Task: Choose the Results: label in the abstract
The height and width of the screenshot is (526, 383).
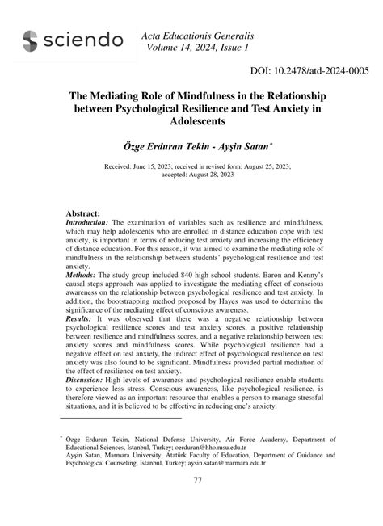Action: click(x=79, y=319)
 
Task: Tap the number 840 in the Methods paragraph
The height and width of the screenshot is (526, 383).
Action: click(x=181, y=275)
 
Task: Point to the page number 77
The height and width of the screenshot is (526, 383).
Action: click(x=197, y=503)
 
